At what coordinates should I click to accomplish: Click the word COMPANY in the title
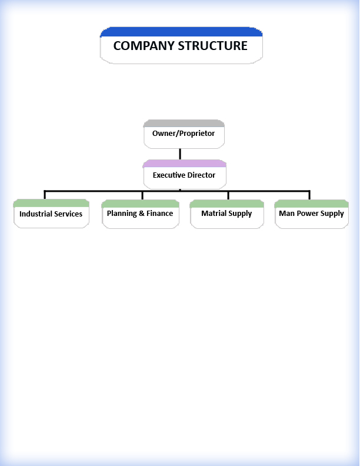[144, 46]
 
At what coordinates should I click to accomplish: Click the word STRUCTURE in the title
[213, 46]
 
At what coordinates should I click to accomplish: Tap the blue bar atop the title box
[181, 32]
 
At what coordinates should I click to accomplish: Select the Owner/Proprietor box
[184, 134]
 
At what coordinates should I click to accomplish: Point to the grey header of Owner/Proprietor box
[184, 124]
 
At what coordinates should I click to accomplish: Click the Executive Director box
[185, 174]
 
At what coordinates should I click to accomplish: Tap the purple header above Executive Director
[185, 164]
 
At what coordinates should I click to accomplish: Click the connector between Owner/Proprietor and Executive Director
[180, 154]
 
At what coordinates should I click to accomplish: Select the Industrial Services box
[51, 214]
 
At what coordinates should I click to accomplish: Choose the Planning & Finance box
[141, 214]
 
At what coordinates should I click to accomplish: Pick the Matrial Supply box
[227, 214]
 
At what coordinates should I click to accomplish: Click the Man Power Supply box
[312, 214]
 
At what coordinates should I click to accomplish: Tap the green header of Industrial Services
[51, 203]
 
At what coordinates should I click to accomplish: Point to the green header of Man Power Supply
[312, 204]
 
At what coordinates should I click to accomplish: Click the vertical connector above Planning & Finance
[142, 195]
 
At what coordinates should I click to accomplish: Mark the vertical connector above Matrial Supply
[228, 195]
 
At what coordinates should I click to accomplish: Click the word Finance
[160, 214]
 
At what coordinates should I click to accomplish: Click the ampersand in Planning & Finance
[141, 214]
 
